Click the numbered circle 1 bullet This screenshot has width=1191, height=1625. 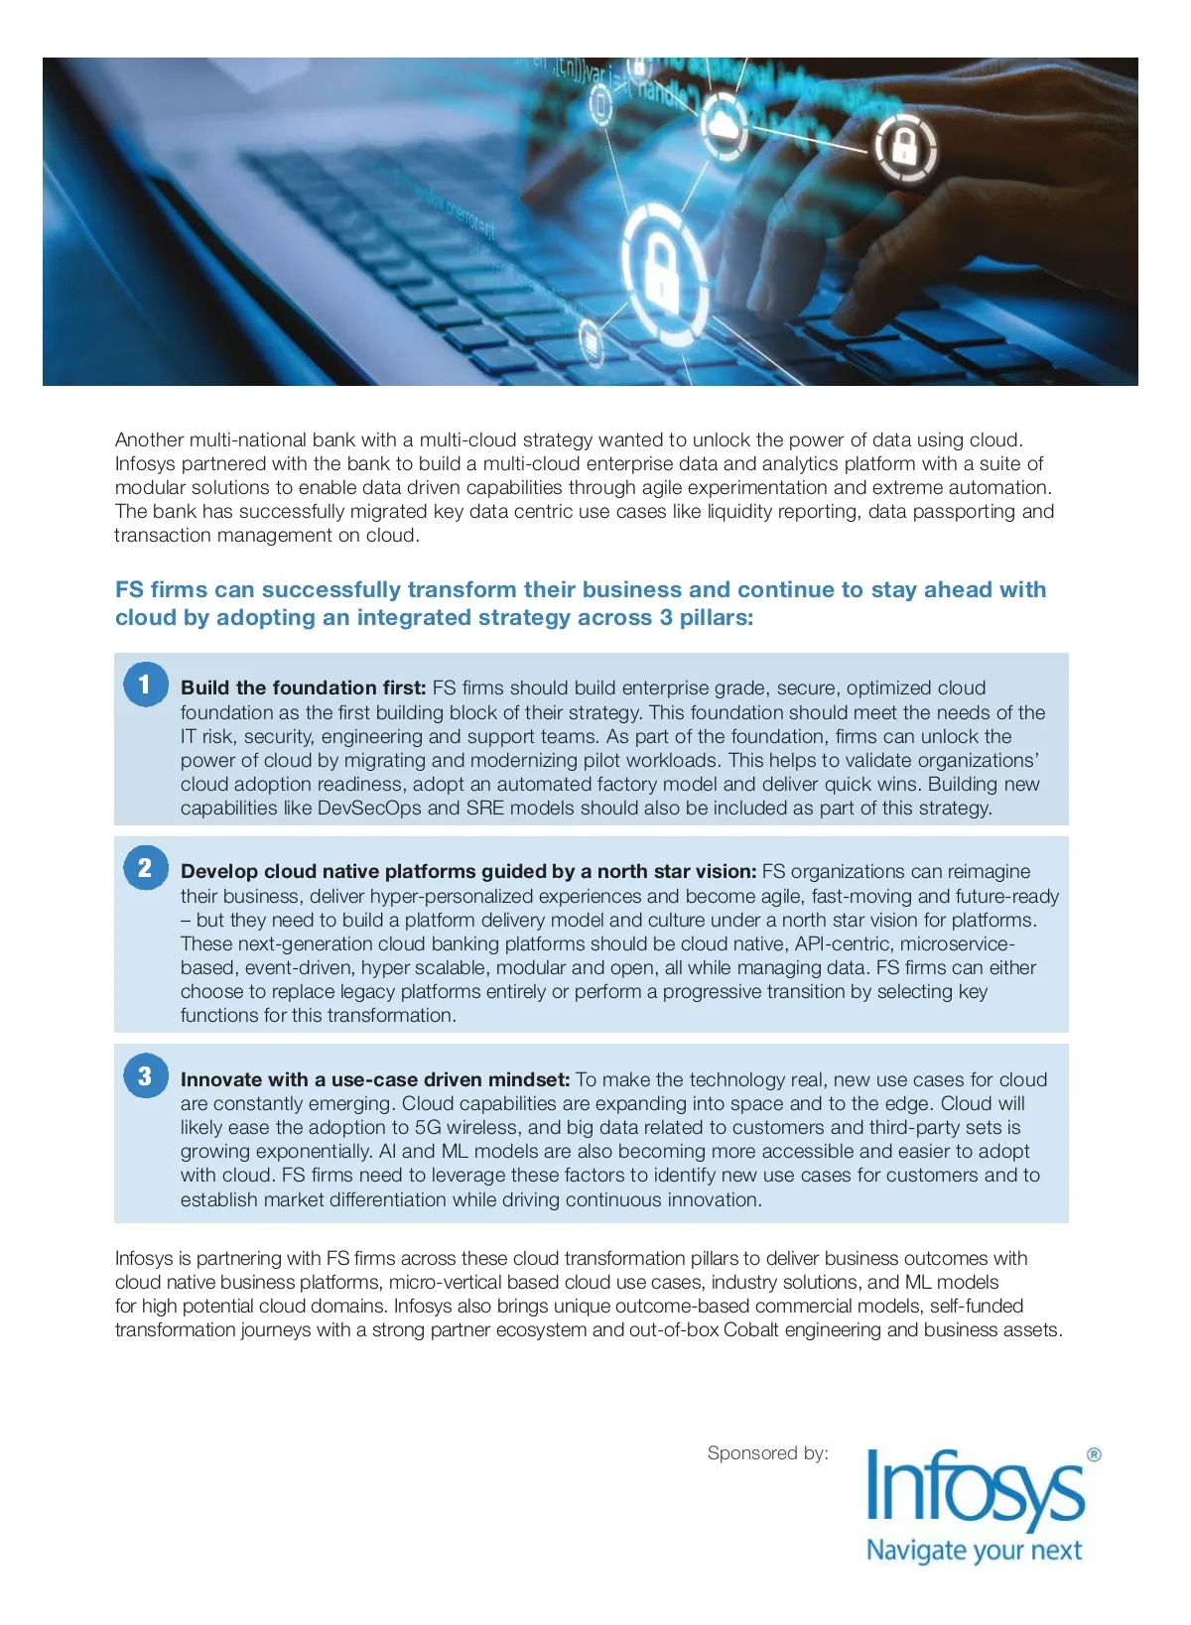pos(146,685)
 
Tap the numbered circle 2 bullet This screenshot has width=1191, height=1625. pos(146,868)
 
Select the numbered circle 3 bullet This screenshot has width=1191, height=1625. pos(146,1076)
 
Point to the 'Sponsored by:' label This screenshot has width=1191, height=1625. pos(767,1453)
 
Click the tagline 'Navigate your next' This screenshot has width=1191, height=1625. pos(974,1551)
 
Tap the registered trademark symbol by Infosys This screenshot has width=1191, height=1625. pos(1094,1455)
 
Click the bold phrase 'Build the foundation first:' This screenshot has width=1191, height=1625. pos(303,687)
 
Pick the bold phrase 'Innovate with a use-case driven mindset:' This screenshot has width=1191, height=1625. pos(375,1079)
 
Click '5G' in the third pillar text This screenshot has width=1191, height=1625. pos(431,1127)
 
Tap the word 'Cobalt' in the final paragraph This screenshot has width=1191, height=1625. pos(751,1329)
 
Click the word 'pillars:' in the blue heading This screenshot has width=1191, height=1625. pos(716,617)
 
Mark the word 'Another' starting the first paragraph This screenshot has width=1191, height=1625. pos(149,439)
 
